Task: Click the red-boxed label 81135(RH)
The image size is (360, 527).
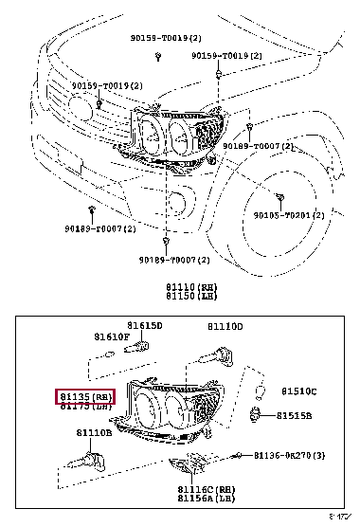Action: point(84,396)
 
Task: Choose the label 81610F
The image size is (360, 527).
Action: point(110,336)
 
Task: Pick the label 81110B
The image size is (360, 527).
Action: point(95,433)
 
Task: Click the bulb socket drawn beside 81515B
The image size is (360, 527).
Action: point(256,412)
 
